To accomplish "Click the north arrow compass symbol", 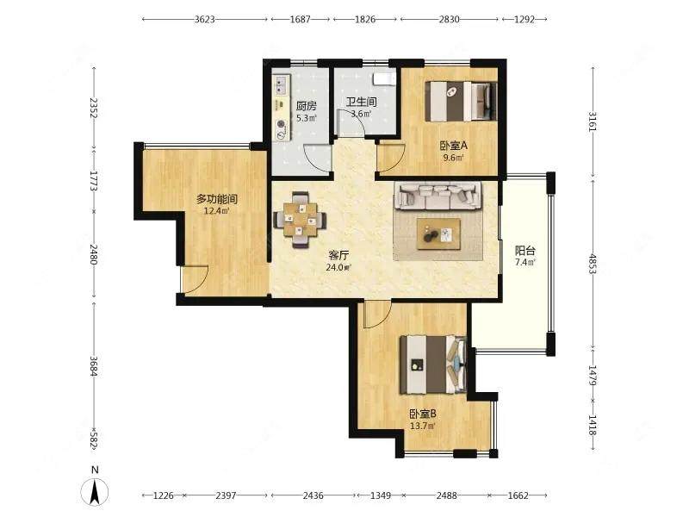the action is (x=95, y=490).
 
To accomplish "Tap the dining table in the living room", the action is (x=300, y=220).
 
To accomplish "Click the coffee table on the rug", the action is (x=438, y=234).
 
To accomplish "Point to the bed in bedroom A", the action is (x=462, y=101).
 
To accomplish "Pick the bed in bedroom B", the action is (x=433, y=364).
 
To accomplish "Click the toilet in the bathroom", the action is (x=383, y=78).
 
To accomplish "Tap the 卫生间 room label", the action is (x=361, y=102).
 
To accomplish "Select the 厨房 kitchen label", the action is (x=306, y=106).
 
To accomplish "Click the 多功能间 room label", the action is (x=217, y=199).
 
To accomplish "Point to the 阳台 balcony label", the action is (x=525, y=251).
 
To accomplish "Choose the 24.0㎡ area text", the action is (x=338, y=266).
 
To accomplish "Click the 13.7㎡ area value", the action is (x=423, y=426).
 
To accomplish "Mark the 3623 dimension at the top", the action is (x=205, y=19).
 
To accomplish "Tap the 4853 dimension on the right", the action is (x=593, y=264).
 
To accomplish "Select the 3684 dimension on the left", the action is (x=93, y=365).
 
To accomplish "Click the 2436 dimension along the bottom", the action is (x=313, y=495).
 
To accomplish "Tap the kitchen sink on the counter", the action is (x=282, y=85).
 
